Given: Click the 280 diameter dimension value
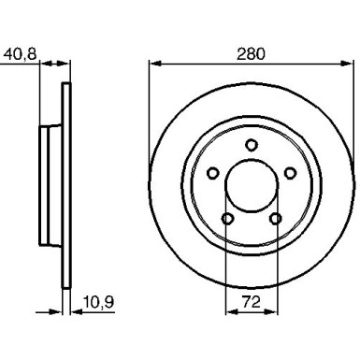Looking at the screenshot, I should pos(251,53).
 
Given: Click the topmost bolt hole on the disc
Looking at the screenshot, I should pos(252,143).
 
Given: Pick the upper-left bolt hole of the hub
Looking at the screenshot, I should pos(212,172).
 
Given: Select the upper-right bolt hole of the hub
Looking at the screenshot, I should pos(290,172).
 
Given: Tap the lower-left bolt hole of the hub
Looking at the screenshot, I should pos(227,218).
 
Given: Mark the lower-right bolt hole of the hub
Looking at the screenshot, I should pos(275,218).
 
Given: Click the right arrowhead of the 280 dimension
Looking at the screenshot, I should pos(347,65).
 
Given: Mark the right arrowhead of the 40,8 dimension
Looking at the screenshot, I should pos(66,65).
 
